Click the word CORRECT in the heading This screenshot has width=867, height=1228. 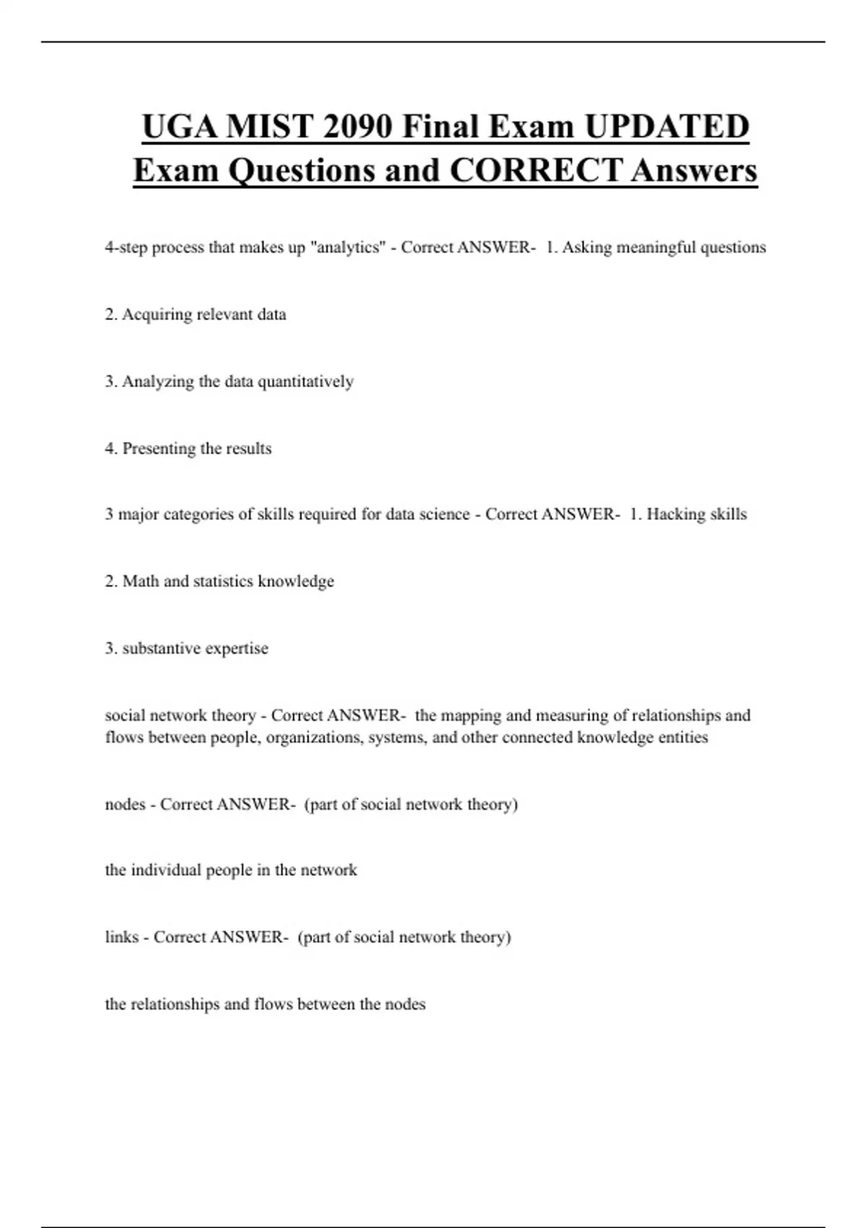click(535, 170)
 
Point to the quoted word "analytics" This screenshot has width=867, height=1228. click(348, 247)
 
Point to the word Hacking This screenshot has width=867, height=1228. click(675, 514)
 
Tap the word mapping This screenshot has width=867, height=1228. click(471, 715)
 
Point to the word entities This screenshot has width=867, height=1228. click(683, 738)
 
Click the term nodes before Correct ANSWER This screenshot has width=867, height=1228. click(125, 804)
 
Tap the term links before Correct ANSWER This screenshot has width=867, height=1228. click(121, 937)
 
